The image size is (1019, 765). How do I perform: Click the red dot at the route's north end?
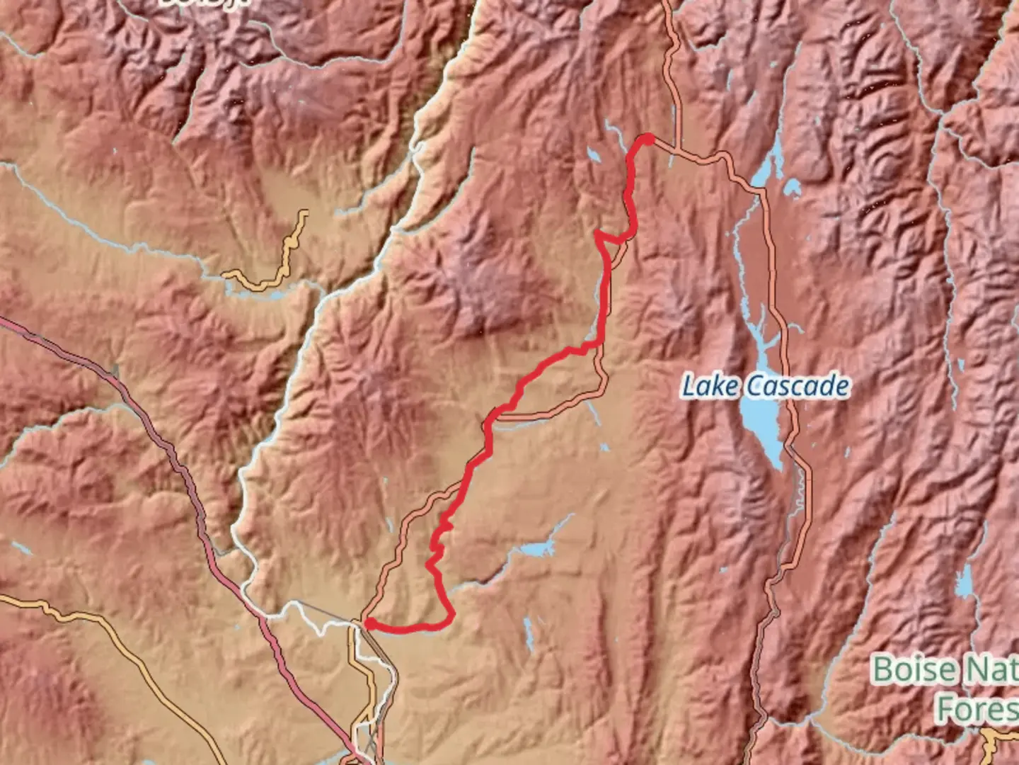647,140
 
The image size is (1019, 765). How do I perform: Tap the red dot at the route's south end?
369,623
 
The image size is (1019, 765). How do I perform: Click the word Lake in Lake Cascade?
710,387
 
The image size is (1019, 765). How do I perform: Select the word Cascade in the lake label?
798,387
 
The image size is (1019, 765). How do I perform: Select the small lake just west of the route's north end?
593,155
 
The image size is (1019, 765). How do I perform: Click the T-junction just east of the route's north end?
678,149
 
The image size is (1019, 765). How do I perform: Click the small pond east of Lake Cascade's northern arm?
793,187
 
